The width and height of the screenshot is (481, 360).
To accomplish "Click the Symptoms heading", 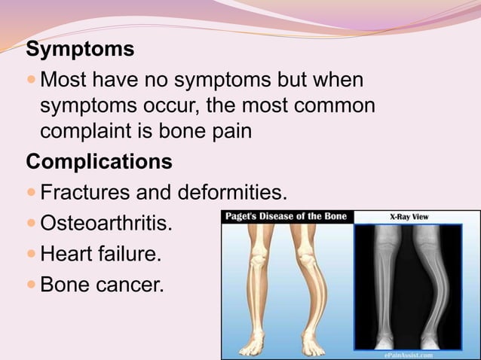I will tap(80, 50).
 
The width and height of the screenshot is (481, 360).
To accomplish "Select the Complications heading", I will tap(99, 162).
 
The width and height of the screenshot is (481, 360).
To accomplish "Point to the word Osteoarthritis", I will tap(105, 224).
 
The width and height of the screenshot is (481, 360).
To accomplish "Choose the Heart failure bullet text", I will tap(100, 255).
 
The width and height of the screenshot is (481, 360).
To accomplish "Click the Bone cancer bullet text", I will tap(100, 286).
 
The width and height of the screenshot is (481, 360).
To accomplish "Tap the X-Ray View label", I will tap(409, 217).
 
